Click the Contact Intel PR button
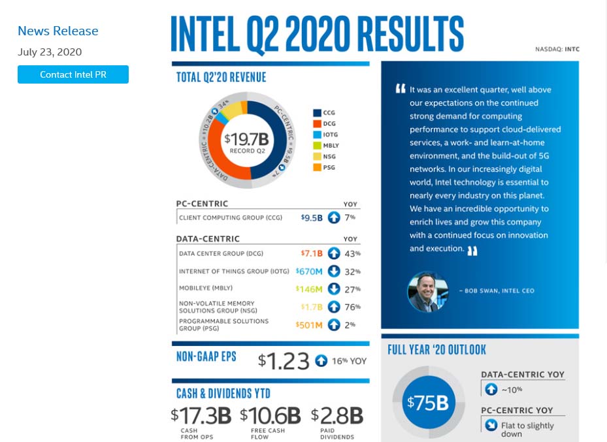tap(73, 74)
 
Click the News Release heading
tap(57, 31)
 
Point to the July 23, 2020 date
tap(50, 52)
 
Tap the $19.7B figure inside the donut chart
tap(246, 139)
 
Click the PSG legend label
tap(329, 168)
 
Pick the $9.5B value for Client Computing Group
tap(312, 217)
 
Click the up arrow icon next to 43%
tap(334, 253)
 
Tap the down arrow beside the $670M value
tap(334, 271)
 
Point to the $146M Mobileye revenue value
tap(309, 289)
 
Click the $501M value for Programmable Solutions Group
tap(309, 325)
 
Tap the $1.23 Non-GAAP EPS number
tap(284, 360)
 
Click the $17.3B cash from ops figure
tap(201, 415)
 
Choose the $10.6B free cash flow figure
tap(271, 415)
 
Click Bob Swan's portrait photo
tap(423, 291)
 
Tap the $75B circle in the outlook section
tap(429, 402)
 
